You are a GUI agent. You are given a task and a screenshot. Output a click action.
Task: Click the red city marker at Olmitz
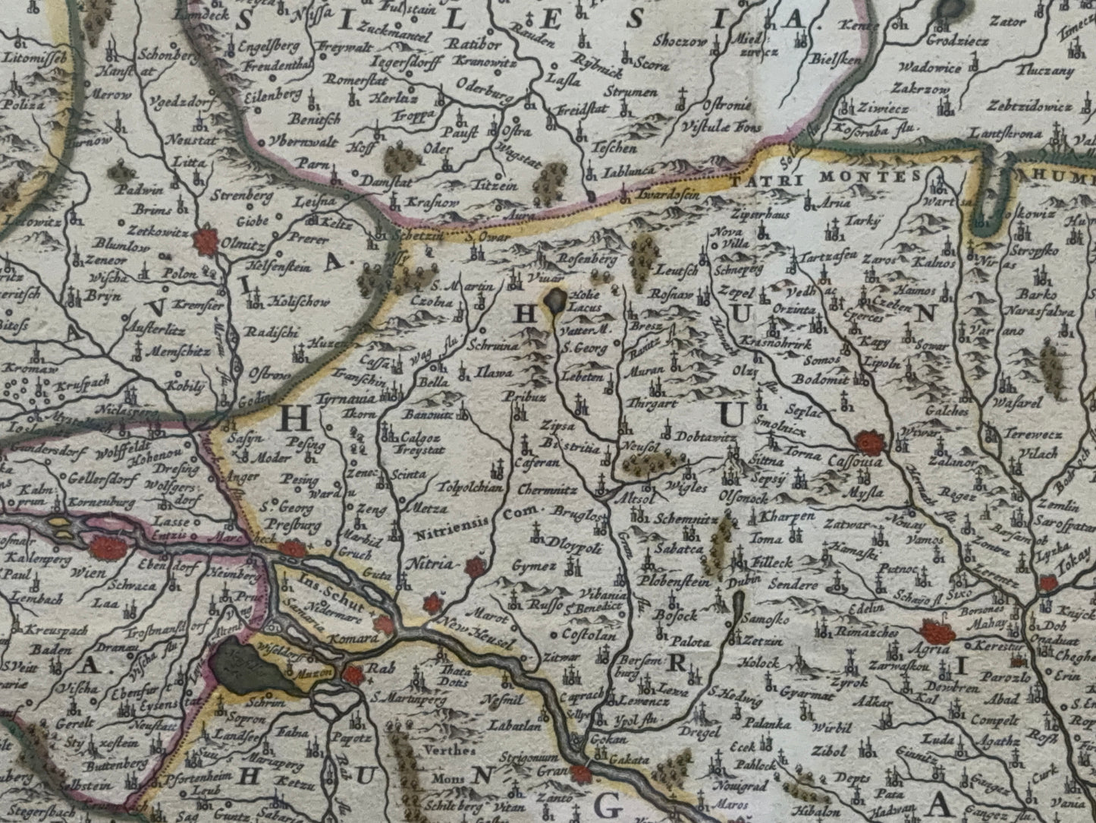click(205, 242)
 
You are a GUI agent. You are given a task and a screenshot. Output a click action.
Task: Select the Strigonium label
click(529, 758)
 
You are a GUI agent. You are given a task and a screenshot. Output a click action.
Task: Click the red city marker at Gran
click(582, 774)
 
